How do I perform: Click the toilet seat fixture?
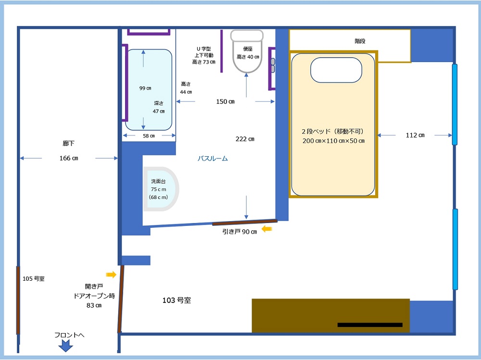click(x=247, y=51)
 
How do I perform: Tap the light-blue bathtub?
click(x=149, y=89)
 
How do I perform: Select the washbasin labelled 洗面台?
click(x=161, y=189)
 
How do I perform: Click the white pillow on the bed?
click(x=336, y=70)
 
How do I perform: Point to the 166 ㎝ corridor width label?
click(x=69, y=158)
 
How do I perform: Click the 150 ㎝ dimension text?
click(x=225, y=101)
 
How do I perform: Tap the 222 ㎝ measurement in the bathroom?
click(x=245, y=139)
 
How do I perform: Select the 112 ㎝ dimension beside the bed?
click(x=415, y=135)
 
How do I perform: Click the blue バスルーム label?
click(x=213, y=158)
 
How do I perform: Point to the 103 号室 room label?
click(x=177, y=300)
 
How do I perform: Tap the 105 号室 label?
click(x=34, y=278)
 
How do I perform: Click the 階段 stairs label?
click(x=360, y=41)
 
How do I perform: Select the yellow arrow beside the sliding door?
click(x=266, y=229)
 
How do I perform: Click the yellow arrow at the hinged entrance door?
click(x=111, y=274)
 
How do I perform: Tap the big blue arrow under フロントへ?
click(x=65, y=346)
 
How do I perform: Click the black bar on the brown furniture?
click(x=370, y=325)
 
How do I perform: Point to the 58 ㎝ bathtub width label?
click(x=149, y=136)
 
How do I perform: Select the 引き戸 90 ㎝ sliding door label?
click(x=240, y=232)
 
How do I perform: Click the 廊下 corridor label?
click(x=68, y=143)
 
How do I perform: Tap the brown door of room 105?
click(x=18, y=300)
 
